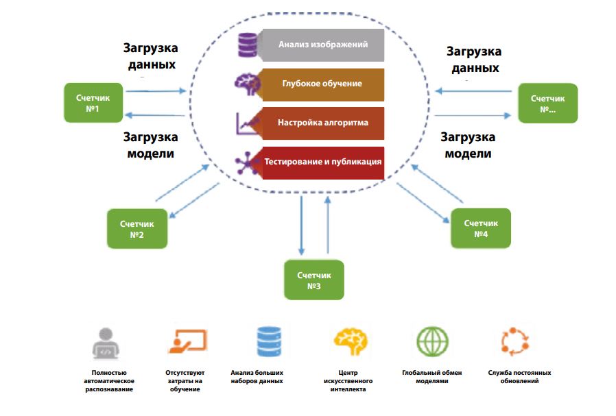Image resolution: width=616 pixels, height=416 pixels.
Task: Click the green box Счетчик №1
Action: [x=93, y=103]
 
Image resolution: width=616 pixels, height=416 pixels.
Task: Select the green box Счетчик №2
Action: [x=137, y=229]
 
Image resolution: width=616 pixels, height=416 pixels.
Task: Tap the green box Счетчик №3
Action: [x=314, y=280]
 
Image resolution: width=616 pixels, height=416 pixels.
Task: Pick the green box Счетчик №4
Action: [x=480, y=228]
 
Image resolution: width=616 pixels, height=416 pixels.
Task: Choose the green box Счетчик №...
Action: [x=548, y=103]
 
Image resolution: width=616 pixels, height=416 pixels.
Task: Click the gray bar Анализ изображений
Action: [x=322, y=45]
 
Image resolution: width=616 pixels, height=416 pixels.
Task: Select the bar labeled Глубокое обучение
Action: [x=322, y=84]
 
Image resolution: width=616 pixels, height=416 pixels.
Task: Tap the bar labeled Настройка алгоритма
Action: [x=322, y=123]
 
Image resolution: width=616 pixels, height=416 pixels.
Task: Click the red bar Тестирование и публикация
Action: [x=322, y=163]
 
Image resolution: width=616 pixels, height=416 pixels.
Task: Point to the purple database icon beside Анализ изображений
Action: [x=246, y=45]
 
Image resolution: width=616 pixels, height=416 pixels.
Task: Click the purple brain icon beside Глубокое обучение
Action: [x=246, y=84]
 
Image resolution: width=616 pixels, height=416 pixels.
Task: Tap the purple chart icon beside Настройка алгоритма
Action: [x=246, y=123]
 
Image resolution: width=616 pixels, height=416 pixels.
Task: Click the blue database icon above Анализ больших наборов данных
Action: [x=268, y=341]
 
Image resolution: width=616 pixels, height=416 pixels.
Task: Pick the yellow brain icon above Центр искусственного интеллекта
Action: [x=351, y=341]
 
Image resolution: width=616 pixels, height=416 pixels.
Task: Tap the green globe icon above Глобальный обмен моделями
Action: [x=432, y=341]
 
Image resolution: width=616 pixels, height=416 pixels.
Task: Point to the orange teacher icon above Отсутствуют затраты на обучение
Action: [x=187, y=341]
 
